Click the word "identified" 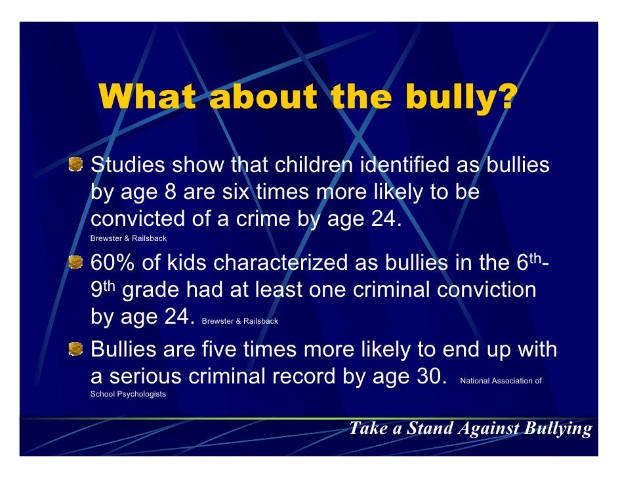[401, 165]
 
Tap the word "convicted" [138, 219]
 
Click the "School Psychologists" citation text [128, 395]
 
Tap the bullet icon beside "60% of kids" [77, 262]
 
